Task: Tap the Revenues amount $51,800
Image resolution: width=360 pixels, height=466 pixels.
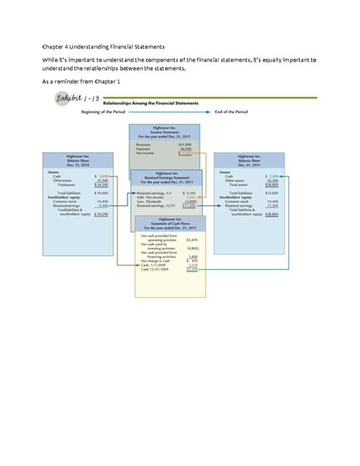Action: pyautogui.click(x=184, y=143)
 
